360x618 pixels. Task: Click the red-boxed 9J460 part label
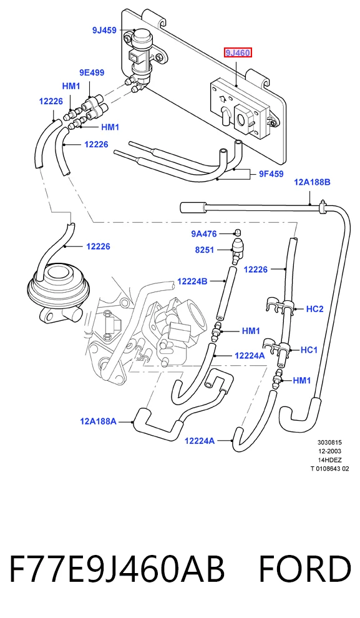238,52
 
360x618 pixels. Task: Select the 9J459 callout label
104,30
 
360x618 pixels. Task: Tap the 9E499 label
92,72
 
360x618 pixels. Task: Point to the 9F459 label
271,174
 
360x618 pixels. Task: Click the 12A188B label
312,182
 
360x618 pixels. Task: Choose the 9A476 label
204,234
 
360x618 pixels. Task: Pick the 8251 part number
205,250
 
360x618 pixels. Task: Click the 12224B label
192,282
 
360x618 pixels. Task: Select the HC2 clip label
314,309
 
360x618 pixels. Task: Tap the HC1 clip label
309,350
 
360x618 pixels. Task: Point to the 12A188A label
98,421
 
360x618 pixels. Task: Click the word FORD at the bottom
304,569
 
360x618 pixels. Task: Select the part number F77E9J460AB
117,569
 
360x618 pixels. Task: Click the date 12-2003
329,451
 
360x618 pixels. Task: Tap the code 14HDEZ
330,460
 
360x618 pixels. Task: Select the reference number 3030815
329,443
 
